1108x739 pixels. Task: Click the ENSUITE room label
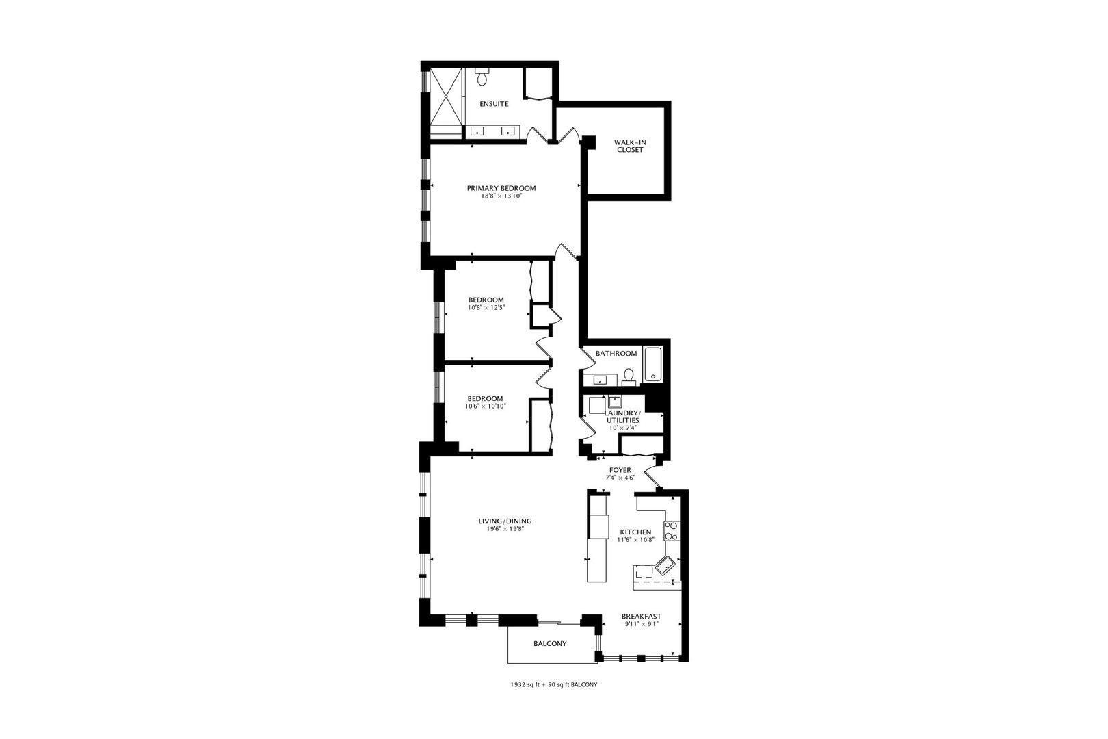pos(493,104)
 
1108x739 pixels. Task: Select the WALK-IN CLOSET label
pos(630,146)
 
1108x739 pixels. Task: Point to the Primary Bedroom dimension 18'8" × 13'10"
pos(501,196)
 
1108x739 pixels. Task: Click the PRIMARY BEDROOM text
pos(501,188)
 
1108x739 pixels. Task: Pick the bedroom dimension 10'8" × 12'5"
pos(486,307)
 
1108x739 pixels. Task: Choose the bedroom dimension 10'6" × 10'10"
pos(485,406)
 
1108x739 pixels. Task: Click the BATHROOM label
pos(616,354)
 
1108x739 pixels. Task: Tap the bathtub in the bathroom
pos(653,365)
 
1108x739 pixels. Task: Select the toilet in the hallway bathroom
pos(629,376)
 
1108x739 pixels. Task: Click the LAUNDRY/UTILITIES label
pos(622,417)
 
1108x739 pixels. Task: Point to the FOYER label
pos(620,470)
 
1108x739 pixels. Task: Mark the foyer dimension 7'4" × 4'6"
pos(620,478)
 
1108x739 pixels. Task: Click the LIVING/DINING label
pos(505,521)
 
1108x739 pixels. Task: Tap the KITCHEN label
pos(635,532)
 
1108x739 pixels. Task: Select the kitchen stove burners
pos(671,532)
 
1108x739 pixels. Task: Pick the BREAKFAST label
pos(642,617)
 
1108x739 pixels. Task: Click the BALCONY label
pos(550,644)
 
